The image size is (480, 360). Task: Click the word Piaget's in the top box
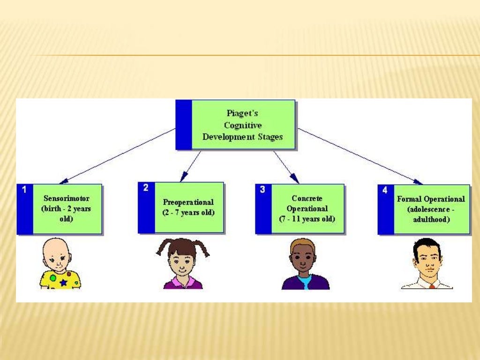[x=242, y=113]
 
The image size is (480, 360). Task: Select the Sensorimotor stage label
[x=66, y=198]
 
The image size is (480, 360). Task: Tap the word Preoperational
[x=188, y=202]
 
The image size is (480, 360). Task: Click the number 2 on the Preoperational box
[x=146, y=188]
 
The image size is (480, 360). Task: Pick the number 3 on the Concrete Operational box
[x=262, y=190]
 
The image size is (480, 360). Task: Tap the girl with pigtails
[x=182, y=262]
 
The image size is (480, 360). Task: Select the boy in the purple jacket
[x=305, y=265]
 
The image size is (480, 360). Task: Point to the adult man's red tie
[x=432, y=285]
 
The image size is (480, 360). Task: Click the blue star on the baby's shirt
[x=63, y=283]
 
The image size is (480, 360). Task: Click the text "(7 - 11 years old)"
[x=307, y=218]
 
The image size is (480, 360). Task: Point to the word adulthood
[x=431, y=219]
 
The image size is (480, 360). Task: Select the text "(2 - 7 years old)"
[x=188, y=212]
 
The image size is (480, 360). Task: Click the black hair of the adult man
[x=427, y=244]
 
